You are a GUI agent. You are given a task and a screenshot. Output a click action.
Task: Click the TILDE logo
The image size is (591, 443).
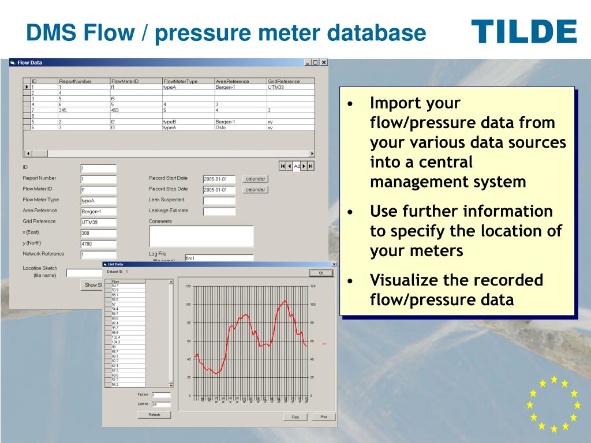523,32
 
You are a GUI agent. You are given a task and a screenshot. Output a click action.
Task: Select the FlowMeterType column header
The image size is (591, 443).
180,81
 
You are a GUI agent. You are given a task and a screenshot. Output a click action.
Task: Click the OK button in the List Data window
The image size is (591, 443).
321,273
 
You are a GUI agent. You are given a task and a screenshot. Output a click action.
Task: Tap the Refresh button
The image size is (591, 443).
154,415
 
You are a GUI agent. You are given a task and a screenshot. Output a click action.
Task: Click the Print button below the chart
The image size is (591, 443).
323,417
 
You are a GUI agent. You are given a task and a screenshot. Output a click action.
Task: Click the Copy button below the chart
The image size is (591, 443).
295,417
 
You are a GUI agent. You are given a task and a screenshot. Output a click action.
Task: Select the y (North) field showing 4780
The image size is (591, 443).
98,244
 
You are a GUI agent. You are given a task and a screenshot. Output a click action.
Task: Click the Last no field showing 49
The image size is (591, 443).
161,405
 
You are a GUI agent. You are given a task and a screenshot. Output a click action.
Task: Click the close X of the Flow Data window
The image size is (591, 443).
324,62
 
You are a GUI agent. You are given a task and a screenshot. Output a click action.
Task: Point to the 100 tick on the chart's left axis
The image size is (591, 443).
188,305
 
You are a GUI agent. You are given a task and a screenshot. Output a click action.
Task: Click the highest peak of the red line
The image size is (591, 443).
285,301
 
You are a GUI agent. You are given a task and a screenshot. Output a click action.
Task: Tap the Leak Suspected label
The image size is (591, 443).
166,200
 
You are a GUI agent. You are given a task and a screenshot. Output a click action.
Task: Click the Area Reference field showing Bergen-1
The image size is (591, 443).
98,212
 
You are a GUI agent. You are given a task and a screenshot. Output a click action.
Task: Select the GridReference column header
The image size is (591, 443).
283,81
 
